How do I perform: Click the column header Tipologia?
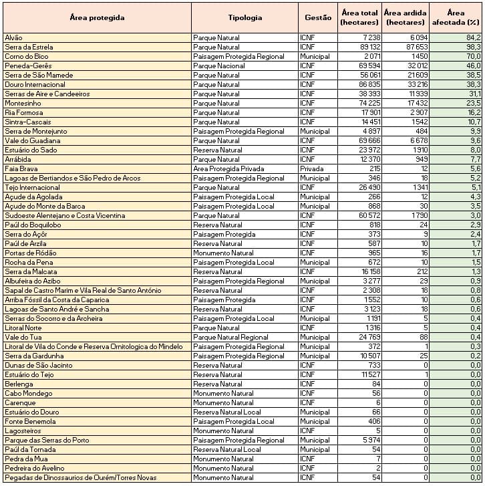pos(245,17)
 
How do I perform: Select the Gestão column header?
pos(317,17)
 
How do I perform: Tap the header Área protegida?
pos(97,17)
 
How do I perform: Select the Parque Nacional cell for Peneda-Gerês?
pos(218,66)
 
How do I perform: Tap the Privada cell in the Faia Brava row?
pos(311,169)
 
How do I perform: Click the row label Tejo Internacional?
pos(32,188)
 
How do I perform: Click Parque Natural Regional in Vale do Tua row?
pos(230,338)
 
